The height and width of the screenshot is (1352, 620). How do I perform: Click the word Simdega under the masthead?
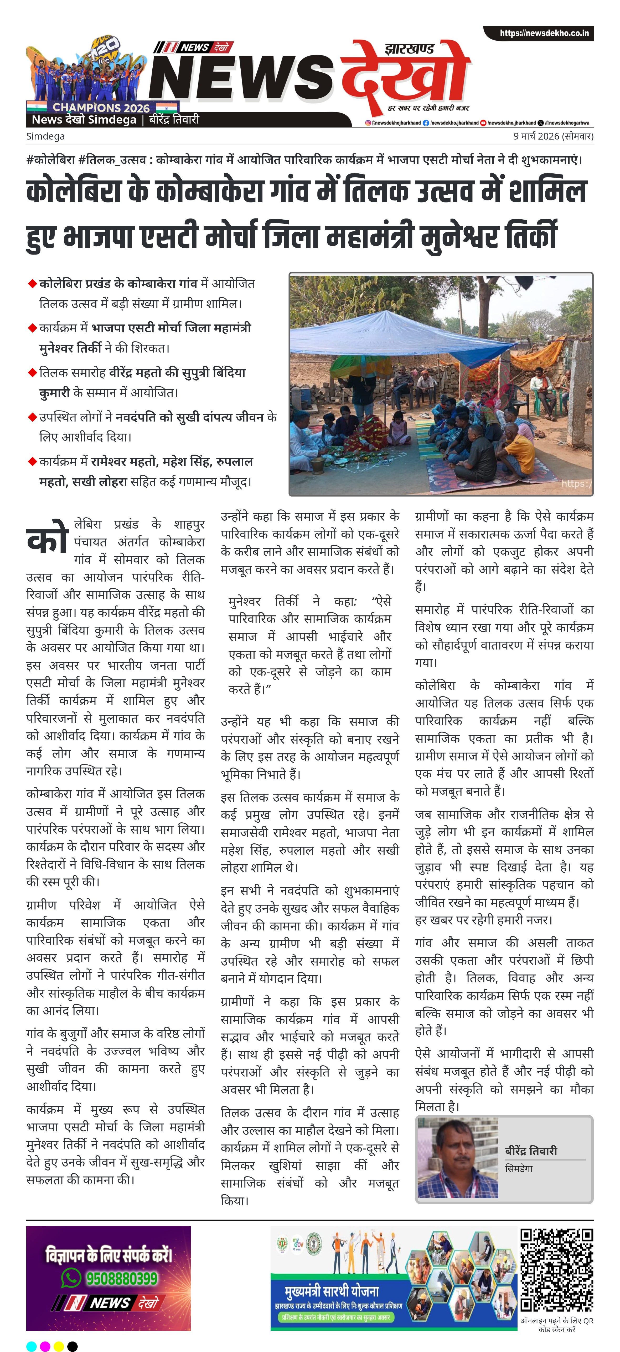point(46,136)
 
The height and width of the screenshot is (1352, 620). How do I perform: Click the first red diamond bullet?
point(32,284)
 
